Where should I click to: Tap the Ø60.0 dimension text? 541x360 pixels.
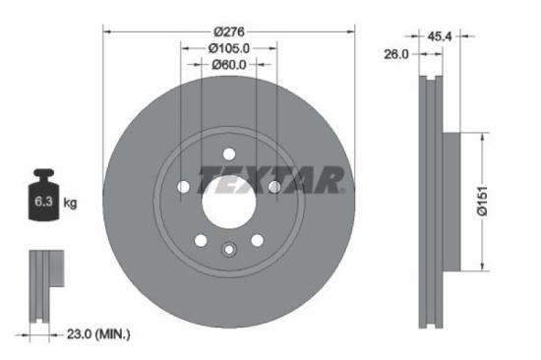229,65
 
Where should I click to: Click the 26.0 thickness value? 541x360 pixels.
395,55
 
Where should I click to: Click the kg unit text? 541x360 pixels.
70,204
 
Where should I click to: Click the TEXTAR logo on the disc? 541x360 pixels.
270,181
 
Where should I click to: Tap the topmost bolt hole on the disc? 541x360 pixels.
228,153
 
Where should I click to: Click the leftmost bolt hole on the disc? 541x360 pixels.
183,187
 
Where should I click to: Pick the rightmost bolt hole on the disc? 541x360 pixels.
274,187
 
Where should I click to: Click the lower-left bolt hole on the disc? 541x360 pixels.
201,240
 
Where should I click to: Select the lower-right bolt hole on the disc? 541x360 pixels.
257,240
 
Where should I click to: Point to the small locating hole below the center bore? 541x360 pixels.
228,249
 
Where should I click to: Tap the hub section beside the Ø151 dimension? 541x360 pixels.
451,202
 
